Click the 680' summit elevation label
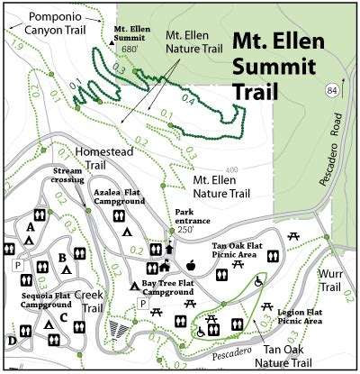(x=130, y=50)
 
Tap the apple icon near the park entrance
(x=191, y=265)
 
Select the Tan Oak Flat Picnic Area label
(x=242, y=251)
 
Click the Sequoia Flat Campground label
(x=46, y=300)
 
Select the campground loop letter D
(x=11, y=341)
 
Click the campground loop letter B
(x=62, y=258)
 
